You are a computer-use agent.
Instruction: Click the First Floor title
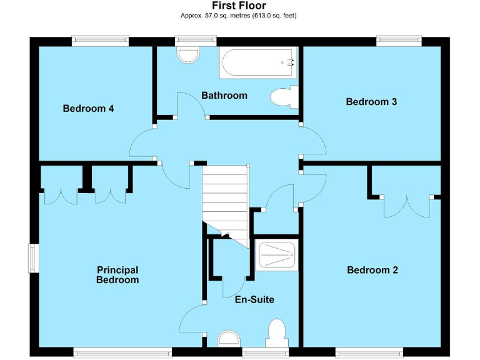(x=239, y=6)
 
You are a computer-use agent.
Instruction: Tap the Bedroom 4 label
(x=88, y=108)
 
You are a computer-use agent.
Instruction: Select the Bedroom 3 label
(x=371, y=101)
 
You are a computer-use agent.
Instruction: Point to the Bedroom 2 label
(x=372, y=270)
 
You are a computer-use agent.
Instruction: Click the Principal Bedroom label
(x=117, y=275)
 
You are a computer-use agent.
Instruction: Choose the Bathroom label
(x=224, y=96)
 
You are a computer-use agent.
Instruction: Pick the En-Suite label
(x=254, y=299)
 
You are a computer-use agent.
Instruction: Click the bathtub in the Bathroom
(x=256, y=62)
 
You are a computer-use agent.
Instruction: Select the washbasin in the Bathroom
(x=187, y=55)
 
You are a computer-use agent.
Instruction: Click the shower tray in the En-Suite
(x=277, y=255)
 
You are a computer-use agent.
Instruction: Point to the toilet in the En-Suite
(x=276, y=333)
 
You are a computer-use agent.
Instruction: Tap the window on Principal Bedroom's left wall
(x=33, y=258)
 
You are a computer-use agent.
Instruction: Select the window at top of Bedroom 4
(x=100, y=41)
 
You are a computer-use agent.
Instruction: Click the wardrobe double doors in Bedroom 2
(x=406, y=206)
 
